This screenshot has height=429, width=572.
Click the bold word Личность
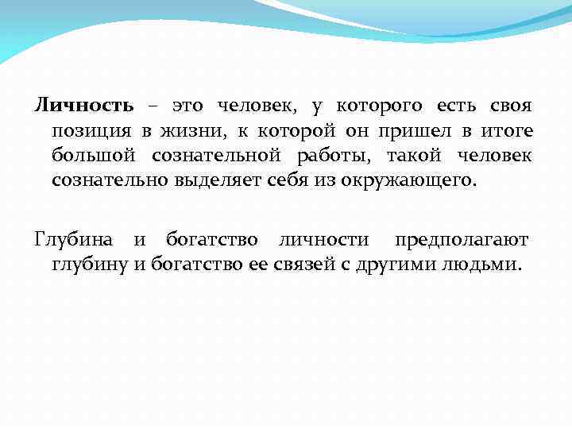click(x=83, y=106)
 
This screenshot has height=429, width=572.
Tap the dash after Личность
click(x=151, y=107)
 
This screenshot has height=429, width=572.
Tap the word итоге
click(x=507, y=131)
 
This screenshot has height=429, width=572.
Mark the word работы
click(x=346, y=156)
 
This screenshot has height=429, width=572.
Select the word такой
click(x=428, y=156)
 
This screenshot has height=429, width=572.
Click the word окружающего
click(x=409, y=180)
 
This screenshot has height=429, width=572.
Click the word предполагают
click(x=462, y=239)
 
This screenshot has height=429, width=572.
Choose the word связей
click(x=305, y=264)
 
